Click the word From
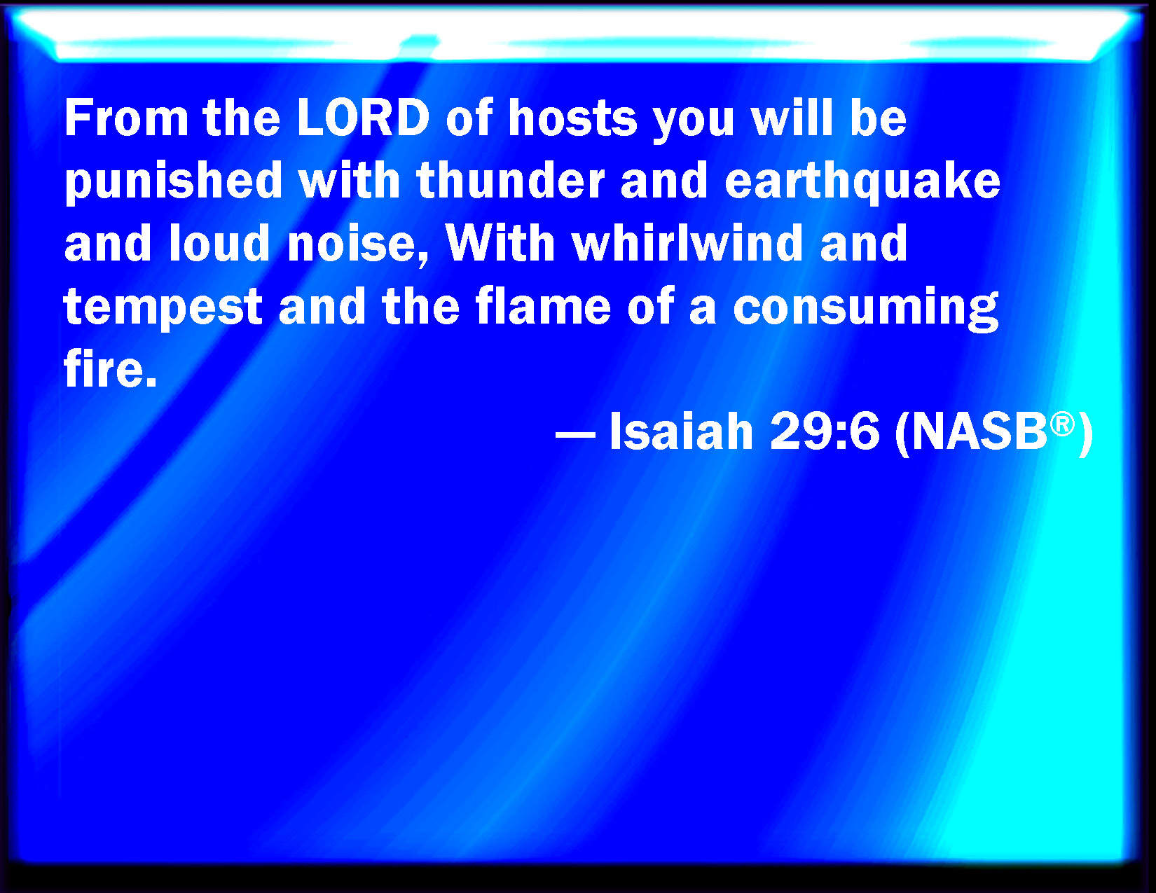click(126, 118)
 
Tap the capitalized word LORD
click(363, 118)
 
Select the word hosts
click(572, 118)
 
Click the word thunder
click(510, 181)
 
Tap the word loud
click(219, 243)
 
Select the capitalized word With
click(500, 243)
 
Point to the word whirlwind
click(687, 243)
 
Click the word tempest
click(163, 307)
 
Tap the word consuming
click(865, 308)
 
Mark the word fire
click(110, 369)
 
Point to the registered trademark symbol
click(1062, 424)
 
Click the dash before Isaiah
click(574, 435)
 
